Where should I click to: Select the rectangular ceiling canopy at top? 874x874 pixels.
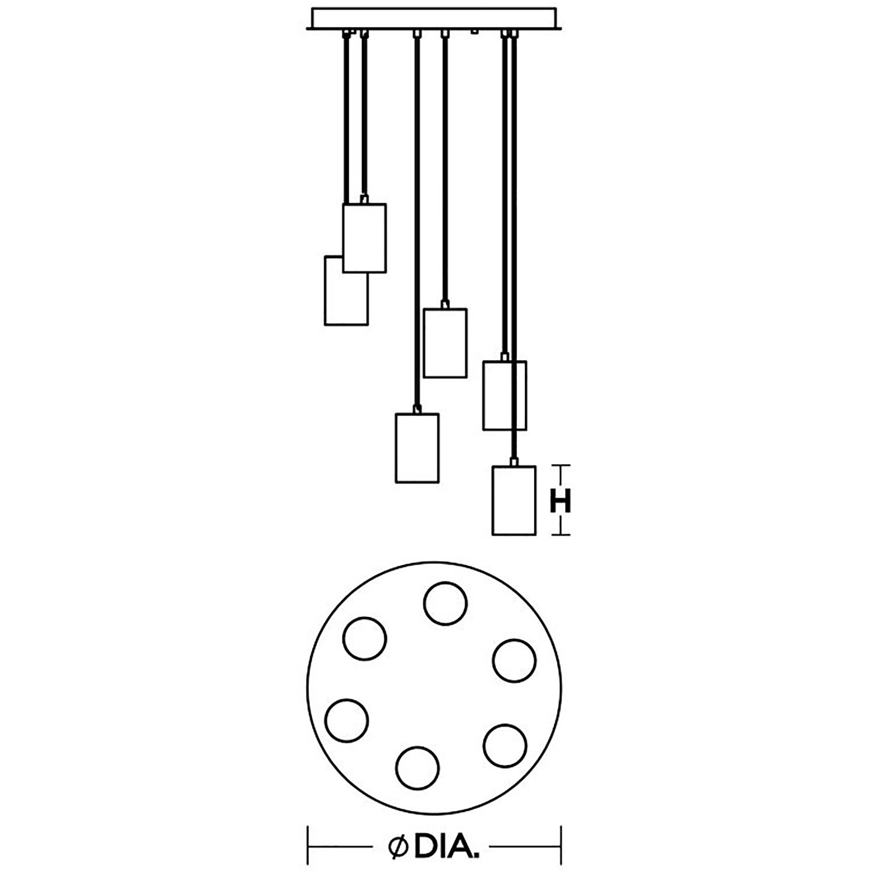click(434, 18)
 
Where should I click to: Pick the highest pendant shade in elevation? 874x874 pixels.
click(364, 238)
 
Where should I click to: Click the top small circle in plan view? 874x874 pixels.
click(445, 604)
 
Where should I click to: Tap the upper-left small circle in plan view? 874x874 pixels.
click(365, 639)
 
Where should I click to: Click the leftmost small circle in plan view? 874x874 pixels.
click(347, 733)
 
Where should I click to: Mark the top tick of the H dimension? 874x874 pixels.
click(560, 466)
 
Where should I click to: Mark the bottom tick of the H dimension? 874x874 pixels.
click(560, 535)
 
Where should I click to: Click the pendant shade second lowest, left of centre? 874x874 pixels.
click(417, 448)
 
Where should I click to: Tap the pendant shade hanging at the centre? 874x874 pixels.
click(445, 343)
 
